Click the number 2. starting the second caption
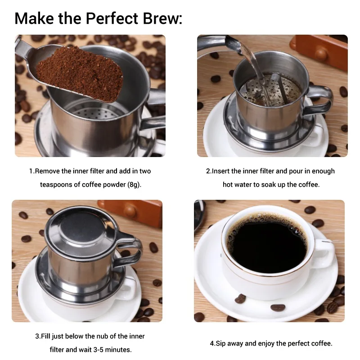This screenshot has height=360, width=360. (209, 171)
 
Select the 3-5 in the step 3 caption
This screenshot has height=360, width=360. (100, 350)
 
